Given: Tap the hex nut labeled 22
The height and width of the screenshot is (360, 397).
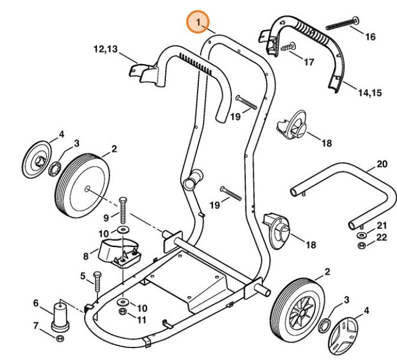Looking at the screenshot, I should pos(345,245).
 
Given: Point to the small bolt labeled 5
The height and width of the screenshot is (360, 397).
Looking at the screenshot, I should pos(96,282).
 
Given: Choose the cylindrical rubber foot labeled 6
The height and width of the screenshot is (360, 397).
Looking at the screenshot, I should pos(59,316).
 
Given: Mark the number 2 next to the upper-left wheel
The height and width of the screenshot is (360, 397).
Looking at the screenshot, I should pos(114,149).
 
